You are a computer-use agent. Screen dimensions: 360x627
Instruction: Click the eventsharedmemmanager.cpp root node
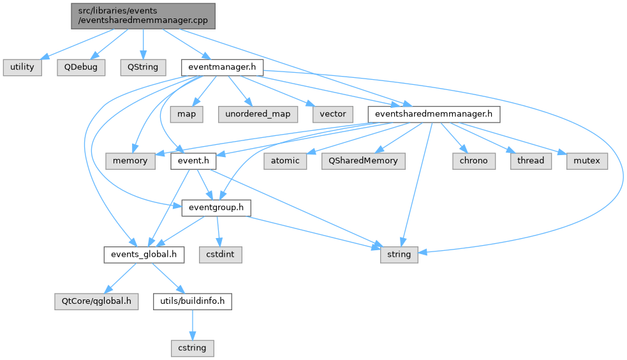click(143, 15)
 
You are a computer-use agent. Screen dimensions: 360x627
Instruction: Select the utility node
click(22, 67)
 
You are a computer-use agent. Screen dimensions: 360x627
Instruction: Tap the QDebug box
click(80, 67)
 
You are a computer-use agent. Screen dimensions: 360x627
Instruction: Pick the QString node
click(142, 67)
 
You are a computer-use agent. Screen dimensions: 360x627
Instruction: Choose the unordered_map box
click(258, 114)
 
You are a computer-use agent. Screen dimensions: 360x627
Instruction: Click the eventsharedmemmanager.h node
click(434, 114)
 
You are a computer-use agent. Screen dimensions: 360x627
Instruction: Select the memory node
click(130, 161)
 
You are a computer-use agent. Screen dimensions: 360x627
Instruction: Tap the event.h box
click(193, 161)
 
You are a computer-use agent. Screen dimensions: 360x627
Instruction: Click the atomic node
click(284, 161)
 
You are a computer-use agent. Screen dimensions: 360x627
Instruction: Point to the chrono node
click(474, 161)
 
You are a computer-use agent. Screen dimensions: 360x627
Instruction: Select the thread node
click(531, 161)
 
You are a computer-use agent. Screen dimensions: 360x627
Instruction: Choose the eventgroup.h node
click(216, 208)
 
